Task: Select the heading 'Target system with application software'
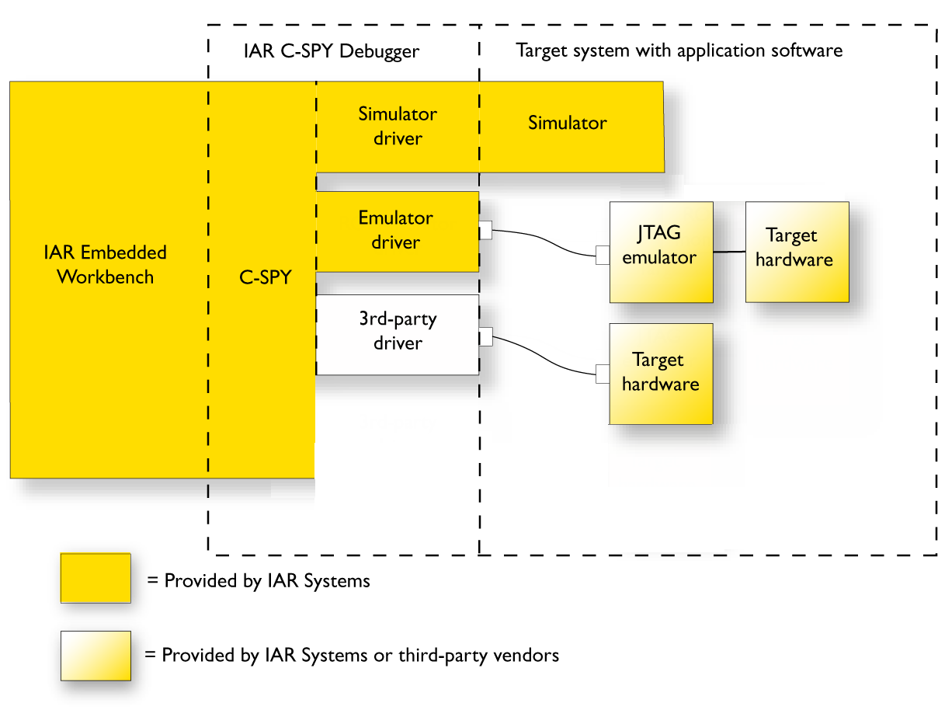coord(679,51)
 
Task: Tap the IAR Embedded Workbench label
coord(106,265)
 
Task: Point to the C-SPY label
coord(265,277)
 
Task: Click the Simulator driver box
coord(398,126)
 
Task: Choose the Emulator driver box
coord(397,231)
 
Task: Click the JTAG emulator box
coord(661,252)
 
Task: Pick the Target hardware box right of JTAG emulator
coord(797,252)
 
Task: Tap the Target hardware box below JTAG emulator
coord(661,374)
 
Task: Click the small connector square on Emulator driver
coord(486,230)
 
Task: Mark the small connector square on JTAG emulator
coord(603,255)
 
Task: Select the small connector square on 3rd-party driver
coord(486,336)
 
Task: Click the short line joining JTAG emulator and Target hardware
coord(729,252)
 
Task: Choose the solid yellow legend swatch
coord(96,578)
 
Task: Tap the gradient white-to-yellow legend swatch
coord(96,656)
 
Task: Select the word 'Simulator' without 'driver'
coord(568,123)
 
